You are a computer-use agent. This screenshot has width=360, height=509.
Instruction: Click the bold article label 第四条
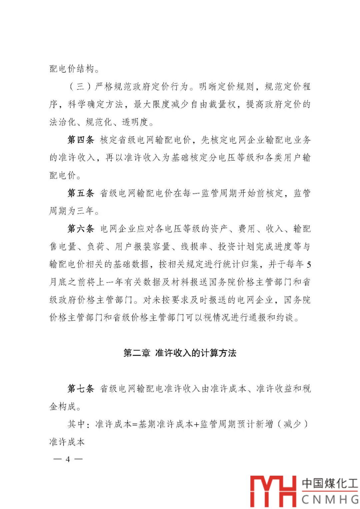pos(81,140)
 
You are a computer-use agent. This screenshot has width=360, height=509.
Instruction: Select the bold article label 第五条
pos(81,193)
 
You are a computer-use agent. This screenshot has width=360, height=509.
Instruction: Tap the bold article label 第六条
pos(81,229)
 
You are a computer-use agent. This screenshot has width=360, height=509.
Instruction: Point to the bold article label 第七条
pos(81,389)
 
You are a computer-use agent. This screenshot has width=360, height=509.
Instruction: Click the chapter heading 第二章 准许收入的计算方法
pos(180,353)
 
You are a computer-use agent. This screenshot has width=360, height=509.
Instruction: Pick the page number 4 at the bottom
pos(68,459)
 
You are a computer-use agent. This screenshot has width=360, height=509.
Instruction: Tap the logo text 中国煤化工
pos(329,483)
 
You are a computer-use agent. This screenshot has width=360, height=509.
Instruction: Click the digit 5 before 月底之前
pos(309,265)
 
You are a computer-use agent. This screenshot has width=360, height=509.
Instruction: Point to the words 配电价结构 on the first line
pos(72,69)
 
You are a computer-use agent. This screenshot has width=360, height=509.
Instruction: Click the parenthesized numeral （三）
pos(80,87)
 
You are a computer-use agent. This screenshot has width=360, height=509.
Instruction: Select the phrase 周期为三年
pos(71,211)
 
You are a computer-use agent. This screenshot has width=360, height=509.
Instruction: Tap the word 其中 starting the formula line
pos(76,424)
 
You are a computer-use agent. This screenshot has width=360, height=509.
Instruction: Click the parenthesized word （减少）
pos(292,424)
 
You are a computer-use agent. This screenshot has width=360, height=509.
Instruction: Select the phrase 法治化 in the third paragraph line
pos(63,122)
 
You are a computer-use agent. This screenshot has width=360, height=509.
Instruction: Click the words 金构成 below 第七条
pos(63,407)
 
